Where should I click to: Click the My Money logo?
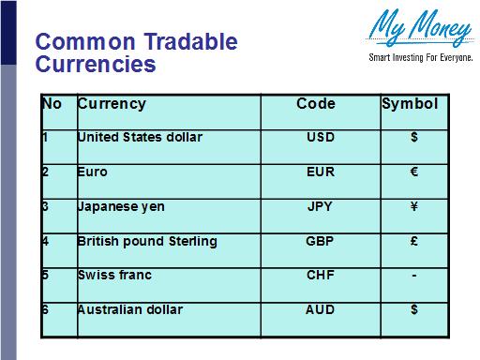click(419, 28)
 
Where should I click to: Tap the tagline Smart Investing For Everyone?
click(418, 58)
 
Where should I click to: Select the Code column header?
click(316, 103)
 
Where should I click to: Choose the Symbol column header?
click(410, 103)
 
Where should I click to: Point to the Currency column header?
click(112, 103)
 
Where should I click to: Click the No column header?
click(52, 103)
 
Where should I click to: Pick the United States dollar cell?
click(140, 138)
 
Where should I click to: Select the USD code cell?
click(320, 138)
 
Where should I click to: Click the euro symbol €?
click(413, 172)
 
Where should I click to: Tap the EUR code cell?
click(320, 172)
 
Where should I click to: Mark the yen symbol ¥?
click(413, 206)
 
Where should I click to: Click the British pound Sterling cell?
click(147, 241)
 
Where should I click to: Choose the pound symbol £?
click(413, 241)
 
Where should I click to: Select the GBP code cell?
click(320, 241)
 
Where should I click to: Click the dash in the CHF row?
click(413, 276)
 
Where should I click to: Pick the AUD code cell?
click(320, 309)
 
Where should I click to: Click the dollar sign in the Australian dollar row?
click(413, 309)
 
